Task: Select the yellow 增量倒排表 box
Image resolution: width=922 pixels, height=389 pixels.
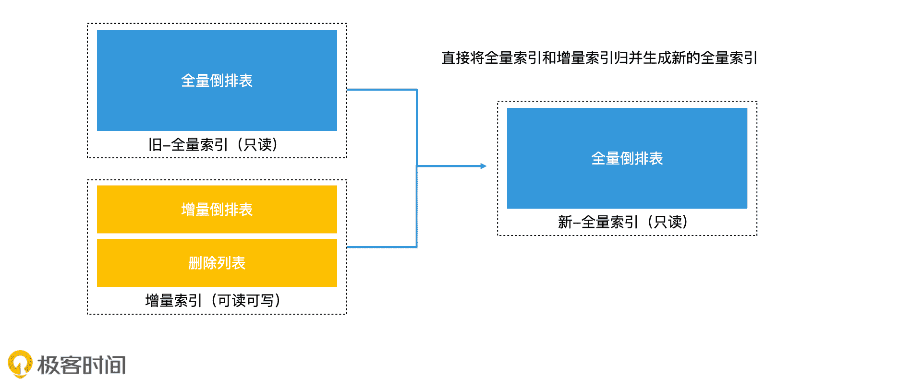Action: click(x=217, y=210)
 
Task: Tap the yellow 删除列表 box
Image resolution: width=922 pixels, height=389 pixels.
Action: click(x=217, y=263)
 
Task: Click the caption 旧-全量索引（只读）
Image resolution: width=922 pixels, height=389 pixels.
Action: click(x=213, y=144)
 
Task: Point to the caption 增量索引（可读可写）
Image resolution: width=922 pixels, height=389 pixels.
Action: click(x=213, y=301)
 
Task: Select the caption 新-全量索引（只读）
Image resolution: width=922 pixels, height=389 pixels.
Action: click(x=623, y=222)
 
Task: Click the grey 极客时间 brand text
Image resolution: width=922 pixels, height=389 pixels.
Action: click(x=82, y=365)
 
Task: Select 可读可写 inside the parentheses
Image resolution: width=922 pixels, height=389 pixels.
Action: click(x=246, y=301)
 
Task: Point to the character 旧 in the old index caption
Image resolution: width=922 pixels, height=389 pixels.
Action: click(x=155, y=144)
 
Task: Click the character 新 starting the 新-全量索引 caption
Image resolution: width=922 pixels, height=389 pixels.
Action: click(x=565, y=222)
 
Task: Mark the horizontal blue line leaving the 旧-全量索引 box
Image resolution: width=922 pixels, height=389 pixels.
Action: click(x=382, y=89)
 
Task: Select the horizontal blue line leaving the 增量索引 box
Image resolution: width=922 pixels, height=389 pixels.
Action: click(x=382, y=247)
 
